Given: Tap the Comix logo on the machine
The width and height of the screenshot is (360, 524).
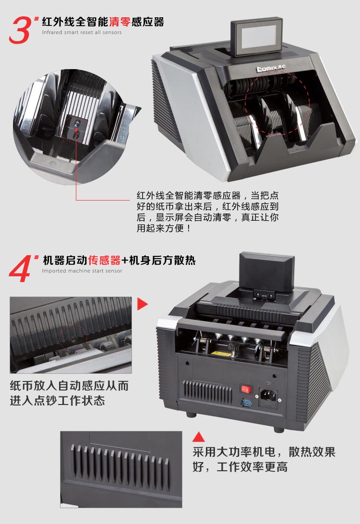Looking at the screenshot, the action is pyautogui.click(x=271, y=68).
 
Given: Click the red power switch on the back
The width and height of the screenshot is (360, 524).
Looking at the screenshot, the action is pyautogui.click(x=246, y=389).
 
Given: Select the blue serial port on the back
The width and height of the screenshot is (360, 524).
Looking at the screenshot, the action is pyautogui.click(x=246, y=403).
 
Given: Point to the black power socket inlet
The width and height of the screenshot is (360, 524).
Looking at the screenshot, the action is pyautogui.click(x=268, y=396).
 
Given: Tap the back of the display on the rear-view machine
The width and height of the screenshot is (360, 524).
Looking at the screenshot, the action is pyautogui.click(x=267, y=272).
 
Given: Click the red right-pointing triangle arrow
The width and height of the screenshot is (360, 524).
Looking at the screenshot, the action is pyautogui.click(x=143, y=304).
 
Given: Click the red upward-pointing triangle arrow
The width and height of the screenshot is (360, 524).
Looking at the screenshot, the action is pyautogui.click(x=199, y=437).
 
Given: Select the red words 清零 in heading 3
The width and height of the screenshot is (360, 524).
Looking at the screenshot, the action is pyautogui.click(x=120, y=22).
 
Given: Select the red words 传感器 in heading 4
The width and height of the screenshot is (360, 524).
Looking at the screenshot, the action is pyautogui.click(x=104, y=260).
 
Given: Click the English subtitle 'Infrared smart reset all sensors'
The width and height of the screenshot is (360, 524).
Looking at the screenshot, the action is pyautogui.click(x=82, y=33).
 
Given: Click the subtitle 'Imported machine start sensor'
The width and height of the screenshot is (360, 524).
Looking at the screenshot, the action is pyautogui.click(x=82, y=271).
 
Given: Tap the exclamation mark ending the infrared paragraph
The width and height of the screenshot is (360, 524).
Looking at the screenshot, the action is pyautogui.click(x=189, y=228).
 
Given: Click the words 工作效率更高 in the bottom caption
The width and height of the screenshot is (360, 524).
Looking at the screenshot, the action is pyautogui.click(x=252, y=467).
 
